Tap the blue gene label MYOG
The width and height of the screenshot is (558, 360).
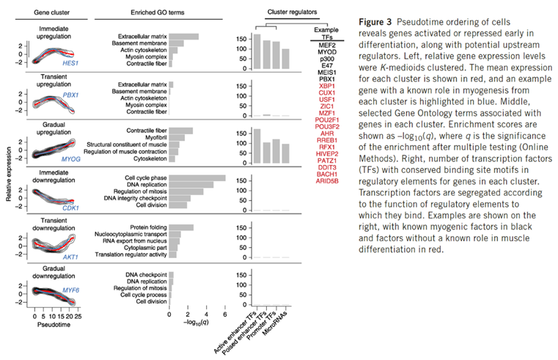click(x=70, y=158)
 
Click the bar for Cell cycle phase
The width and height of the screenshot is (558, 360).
click(x=197, y=177)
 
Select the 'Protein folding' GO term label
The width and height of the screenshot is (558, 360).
click(x=149, y=227)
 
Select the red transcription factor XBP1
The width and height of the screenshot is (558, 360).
click(x=323, y=85)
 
